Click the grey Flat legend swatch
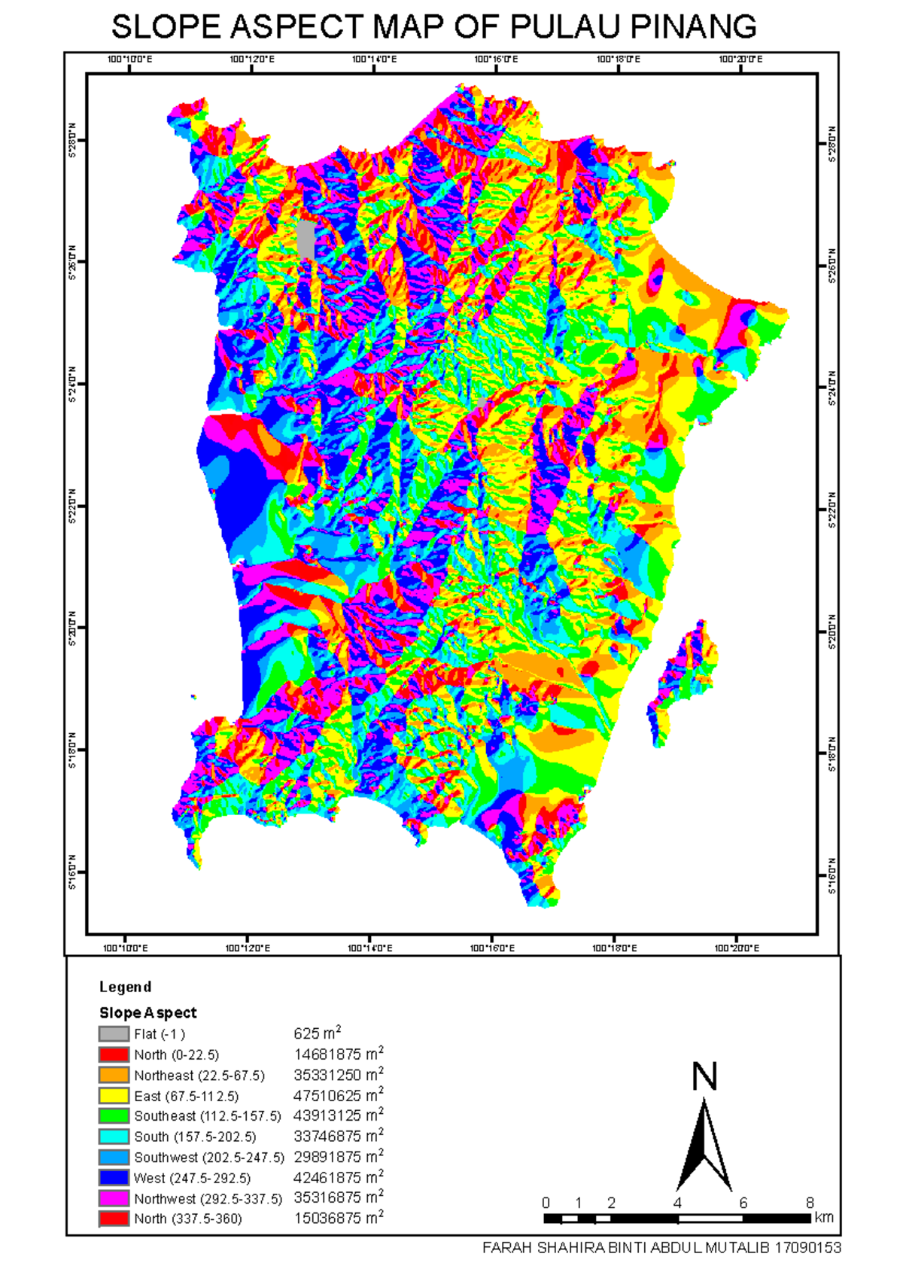pos(114,1034)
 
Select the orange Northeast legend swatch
pos(114,1075)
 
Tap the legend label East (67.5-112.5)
pos(186,1096)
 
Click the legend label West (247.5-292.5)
pos(192,1178)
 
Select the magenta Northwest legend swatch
pos(114,1198)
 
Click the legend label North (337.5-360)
pos(188,1219)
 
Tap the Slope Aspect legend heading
pos(147,1013)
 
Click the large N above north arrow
pos(704,1077)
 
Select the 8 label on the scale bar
pos(810,1203)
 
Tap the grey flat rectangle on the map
pos(306,239)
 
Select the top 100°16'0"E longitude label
pos(496,59)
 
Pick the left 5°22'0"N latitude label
pos(72,506)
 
